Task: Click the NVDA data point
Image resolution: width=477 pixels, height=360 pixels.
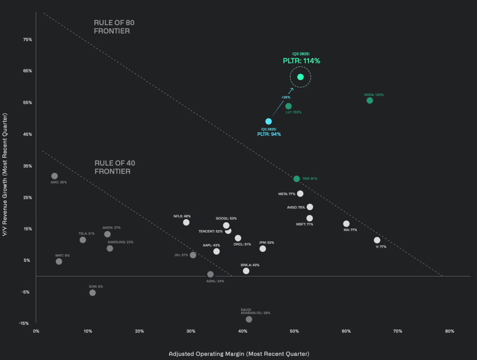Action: pyautogui.click(x=370, y=101)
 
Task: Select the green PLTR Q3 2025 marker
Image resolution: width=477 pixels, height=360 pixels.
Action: pyautogui.click(x=300, y=77)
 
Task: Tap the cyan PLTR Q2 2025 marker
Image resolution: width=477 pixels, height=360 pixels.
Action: pyautogui.click(x=268, y=122)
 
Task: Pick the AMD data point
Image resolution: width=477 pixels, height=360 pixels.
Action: pyautogui.click(x=55, y=176)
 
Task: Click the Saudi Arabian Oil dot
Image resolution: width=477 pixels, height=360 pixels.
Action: pyautogui.click(x=249, y=319)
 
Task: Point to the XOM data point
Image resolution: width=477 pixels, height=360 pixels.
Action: pyautogui.click(x=92, y=292)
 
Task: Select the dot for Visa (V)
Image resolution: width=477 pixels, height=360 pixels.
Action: pyautogui.click(x=377, y=240)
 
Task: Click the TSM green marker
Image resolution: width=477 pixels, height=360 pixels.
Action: pyautogui.click(x=297, y=179)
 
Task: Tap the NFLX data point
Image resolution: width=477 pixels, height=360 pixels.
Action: pyautogui.click(x=186, y=223)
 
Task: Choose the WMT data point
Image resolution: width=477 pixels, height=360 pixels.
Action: pyautogui.click(x=59, y=261)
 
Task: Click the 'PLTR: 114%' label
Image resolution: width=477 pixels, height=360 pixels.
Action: pyautogui.click(x=301, y=61)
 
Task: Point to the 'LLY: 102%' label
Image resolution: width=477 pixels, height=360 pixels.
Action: pyautogui.click(x=293, y=112)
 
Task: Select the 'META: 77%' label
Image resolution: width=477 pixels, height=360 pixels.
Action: pyautogui.click(x=287, y=194)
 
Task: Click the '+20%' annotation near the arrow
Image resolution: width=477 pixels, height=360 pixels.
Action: pyautogui.click(x=286, y=97)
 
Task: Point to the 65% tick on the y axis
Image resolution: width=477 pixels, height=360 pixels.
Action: pyautogui.click(x=27, y=71)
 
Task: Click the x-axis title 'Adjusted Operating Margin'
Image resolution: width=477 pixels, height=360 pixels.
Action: pyautogui.click(x=239, y=353)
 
